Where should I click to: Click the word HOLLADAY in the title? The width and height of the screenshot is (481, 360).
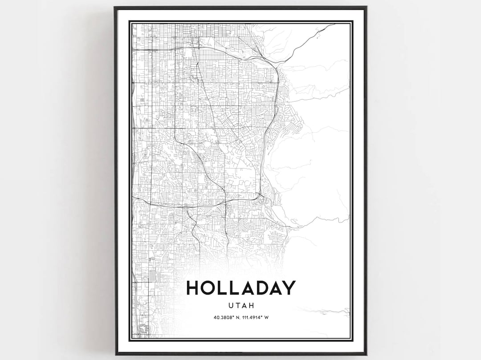(x=240, y=287)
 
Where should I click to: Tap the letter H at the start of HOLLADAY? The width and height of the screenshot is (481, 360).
(x=193, y=287)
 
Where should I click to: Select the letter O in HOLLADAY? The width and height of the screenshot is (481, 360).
(x=210, y=287)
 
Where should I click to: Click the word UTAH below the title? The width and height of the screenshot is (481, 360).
(x=240, y=307)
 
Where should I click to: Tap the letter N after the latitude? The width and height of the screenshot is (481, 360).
(x=232, y=318)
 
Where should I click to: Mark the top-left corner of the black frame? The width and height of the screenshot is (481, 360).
(x=115, y=7)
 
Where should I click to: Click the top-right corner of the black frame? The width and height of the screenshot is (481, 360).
(x=366, y=7)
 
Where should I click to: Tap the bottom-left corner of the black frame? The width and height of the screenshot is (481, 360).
(x=115, y=354)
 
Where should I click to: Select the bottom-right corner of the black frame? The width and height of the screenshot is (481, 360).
(x=366, y=354)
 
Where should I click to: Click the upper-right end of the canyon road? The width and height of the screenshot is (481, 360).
(x=334, y=25)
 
